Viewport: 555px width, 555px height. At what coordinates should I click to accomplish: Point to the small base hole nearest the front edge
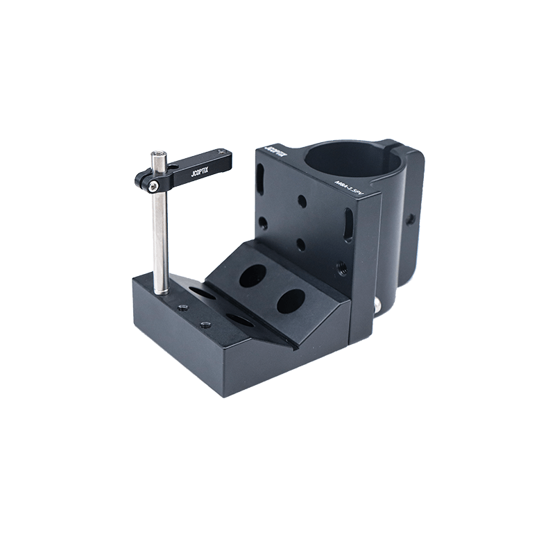point(205,325)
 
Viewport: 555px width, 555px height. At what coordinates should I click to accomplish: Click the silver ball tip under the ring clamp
point(377,305)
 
